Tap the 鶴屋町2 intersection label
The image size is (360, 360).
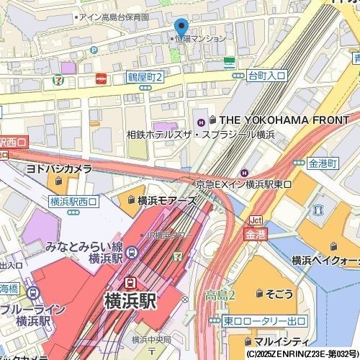click(x=145, y=76)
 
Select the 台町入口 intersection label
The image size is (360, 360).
click(x=266, y=75)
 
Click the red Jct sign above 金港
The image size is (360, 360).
click(x=255, y=220)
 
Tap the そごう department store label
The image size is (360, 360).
click(x=279, y=293)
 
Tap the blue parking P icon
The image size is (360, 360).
click(x=94, y=50)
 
